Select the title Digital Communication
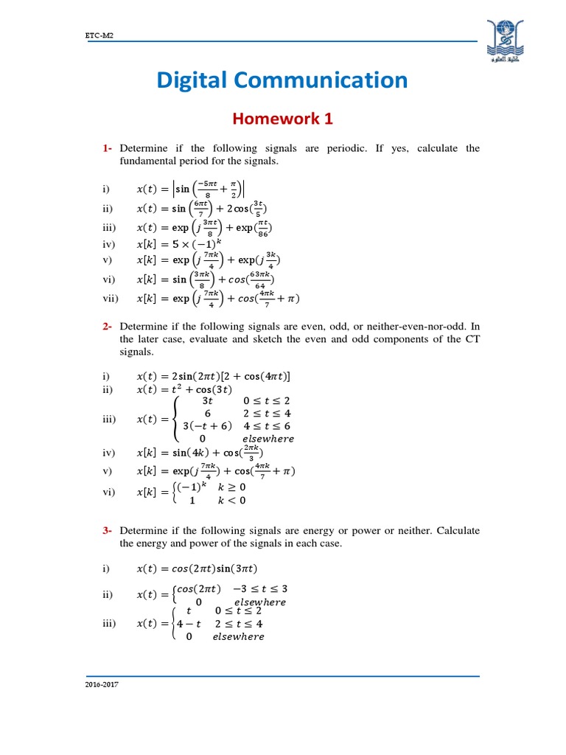[282, 80]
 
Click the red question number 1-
[108, 148]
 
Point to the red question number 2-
[108, 325]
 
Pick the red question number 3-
[108, 530]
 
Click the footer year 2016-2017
[102, 685]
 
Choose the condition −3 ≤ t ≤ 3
[258, 589]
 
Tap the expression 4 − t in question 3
[191, 624]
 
